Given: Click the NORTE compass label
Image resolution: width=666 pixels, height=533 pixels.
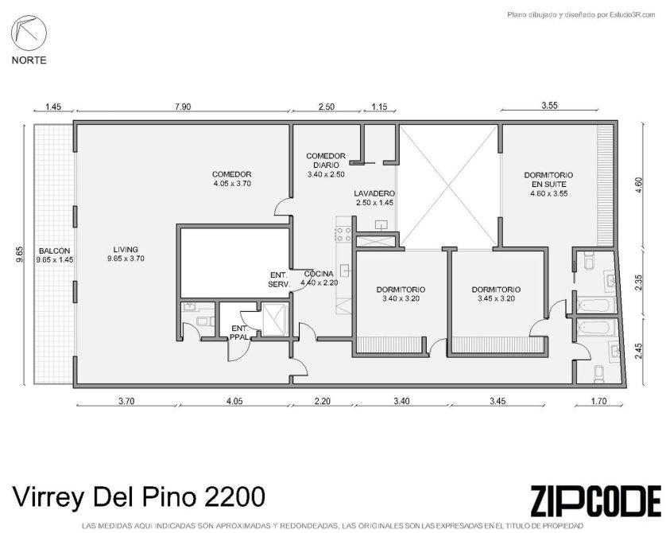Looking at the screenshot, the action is click(29, 60).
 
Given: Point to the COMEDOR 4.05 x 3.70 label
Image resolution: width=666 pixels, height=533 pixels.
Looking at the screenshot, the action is click(232, 179).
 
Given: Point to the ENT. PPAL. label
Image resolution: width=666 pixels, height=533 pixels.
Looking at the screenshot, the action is click(240, 333).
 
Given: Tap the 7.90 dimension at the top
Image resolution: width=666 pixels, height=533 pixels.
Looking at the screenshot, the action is click(183, 107).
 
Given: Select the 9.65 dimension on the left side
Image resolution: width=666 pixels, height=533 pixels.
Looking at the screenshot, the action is click(20, 255).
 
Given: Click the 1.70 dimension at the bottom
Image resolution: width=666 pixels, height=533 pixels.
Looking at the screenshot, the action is click(599, 400).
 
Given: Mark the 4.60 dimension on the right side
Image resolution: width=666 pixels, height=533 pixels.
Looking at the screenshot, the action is click(639, 185).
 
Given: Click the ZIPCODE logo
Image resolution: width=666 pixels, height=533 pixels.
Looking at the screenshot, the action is click(596, 500).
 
